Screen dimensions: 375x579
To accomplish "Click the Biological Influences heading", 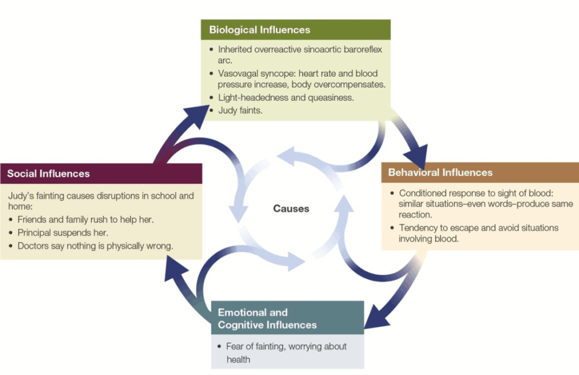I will coord(260,29).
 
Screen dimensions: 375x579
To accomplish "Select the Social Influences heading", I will coord(49,174).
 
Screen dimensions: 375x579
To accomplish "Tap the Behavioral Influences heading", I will coord(440,173).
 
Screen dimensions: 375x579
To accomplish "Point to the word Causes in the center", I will coord(291,208).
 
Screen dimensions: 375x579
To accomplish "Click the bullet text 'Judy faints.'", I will coord(241,110).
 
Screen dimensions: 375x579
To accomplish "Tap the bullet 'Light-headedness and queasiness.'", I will coord(286,98).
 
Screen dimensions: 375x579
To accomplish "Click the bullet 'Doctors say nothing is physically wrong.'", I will coord(95,246).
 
